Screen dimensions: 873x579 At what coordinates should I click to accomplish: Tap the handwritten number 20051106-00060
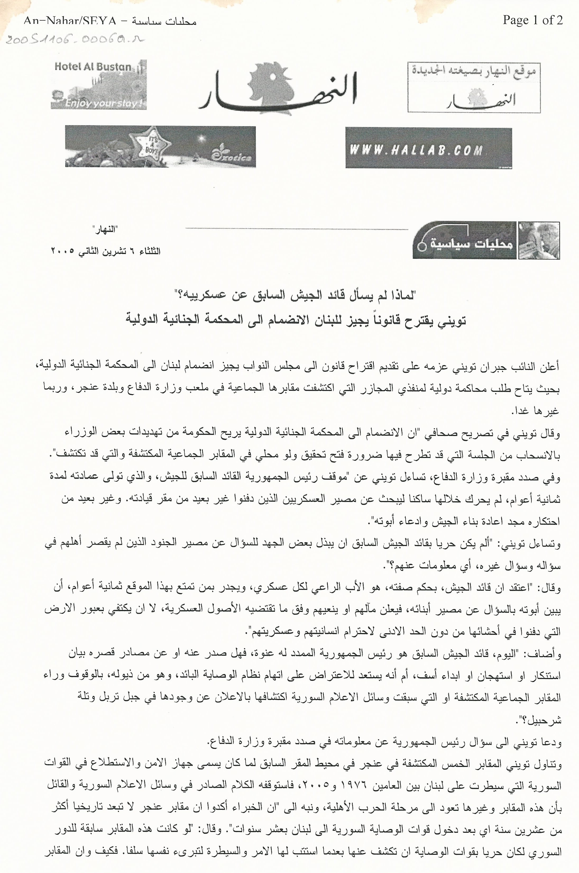[x=74, y=39]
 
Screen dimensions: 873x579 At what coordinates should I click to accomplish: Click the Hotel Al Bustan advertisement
[x=99, y=85]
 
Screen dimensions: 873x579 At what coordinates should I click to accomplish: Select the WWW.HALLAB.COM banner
[x=428, y=148]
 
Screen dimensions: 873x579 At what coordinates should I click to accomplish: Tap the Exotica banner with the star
[x=160, y=146]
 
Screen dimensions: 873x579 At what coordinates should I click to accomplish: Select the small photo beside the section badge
[x=539, y=240]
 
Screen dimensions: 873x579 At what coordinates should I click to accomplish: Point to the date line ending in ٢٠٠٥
[x=105, y=251]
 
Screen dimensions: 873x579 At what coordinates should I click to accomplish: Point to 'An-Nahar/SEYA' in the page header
[x=70, y=21]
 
